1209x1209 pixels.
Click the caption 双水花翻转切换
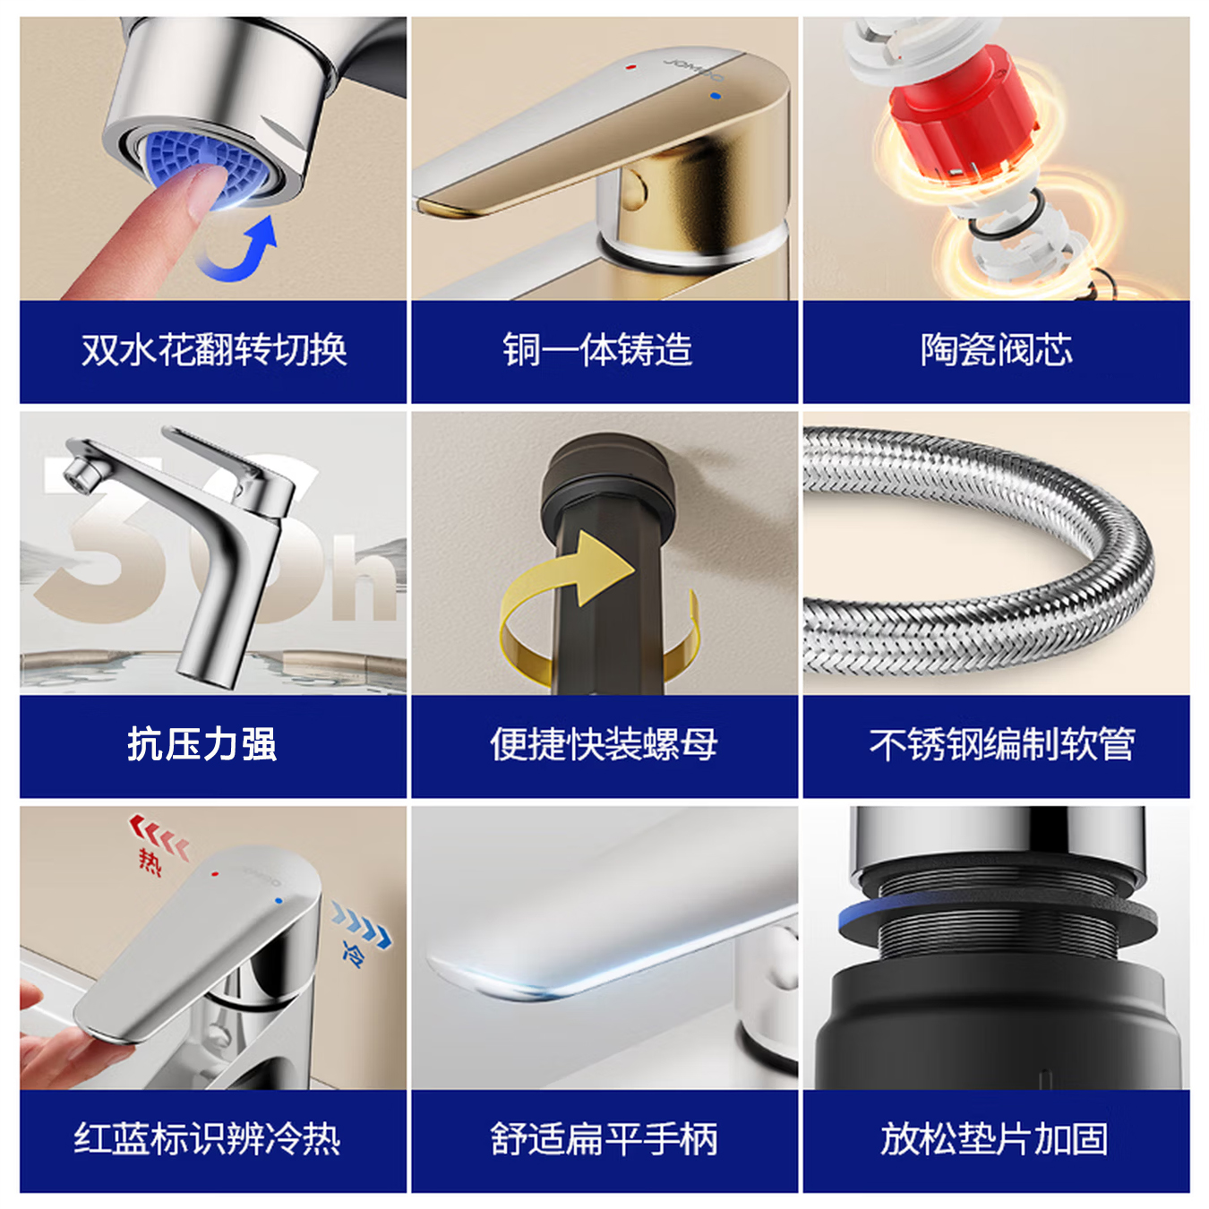point(213,349)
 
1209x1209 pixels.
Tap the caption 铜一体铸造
point(597,349)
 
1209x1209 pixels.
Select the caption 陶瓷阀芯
point(996,349)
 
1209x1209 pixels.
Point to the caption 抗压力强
point(201,744)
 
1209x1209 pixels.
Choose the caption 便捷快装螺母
point(604,744)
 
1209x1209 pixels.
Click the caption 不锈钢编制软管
point(1001,744)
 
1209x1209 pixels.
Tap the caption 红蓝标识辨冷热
point(207,1139)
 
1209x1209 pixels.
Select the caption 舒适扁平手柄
point(604,1139)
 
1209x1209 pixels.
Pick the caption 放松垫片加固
point(994,1139)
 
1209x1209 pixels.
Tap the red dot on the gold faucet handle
point(632,66)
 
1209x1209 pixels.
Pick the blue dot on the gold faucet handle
point(715,95)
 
